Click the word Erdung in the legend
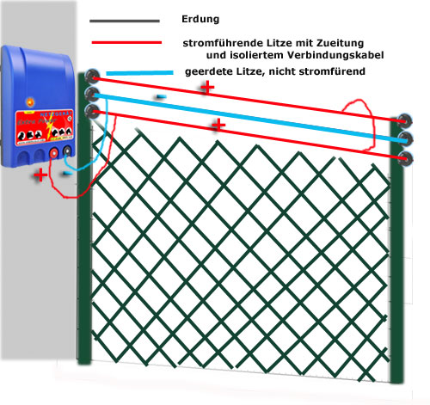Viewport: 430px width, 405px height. (x=200, y=19)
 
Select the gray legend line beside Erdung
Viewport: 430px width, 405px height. (x=125, y=21)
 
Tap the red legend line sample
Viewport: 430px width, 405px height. (x=126, y=43)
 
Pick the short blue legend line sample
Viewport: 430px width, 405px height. (x=139, y=73)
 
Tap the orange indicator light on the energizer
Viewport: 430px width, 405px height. (x=30, y=101)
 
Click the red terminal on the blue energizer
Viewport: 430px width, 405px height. (x=53, y=154)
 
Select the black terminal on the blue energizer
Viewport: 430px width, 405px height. (x=67, y=150)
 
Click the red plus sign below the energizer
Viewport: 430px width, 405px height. (x=40, y=175)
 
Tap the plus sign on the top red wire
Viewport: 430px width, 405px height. (x=207, y=87)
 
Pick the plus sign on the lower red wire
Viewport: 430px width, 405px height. (x=218, y=125)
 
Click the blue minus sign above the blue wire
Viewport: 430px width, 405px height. (x=161, y=97)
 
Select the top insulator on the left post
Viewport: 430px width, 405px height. (x=91, y=76)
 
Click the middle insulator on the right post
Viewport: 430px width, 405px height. (x=405, y=138)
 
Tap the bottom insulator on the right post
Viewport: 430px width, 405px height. (x=405, y=158)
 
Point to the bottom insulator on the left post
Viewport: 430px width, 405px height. (x=92, y=111)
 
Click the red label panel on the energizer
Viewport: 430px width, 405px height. (x=44, y=127)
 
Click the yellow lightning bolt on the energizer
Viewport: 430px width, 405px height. (x=51, y=127)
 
